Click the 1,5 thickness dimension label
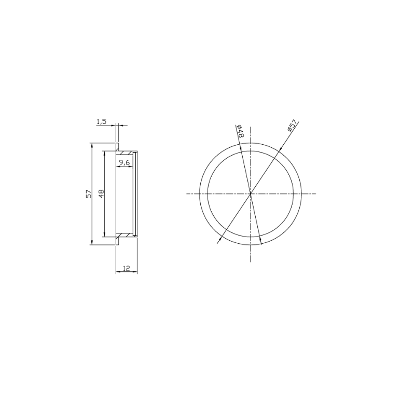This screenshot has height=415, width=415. (101, 121)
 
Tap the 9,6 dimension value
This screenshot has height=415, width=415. (124, 162)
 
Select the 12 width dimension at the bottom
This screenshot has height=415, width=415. (126, 268)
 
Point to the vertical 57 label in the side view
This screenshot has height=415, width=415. (88, 193)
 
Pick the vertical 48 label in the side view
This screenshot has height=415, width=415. (101, 194)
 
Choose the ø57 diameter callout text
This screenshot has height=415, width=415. (292, 125)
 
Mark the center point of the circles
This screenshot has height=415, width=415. (251, 193)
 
